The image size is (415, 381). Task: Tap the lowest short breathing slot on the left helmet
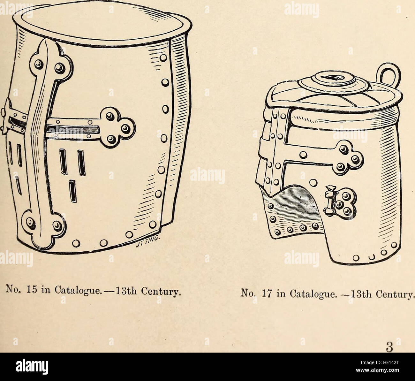(73, 192)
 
